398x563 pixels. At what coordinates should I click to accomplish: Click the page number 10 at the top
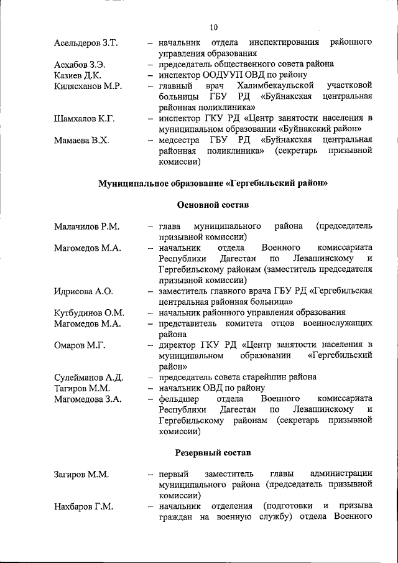point(213,27)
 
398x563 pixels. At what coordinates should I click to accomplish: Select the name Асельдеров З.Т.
point(86,43)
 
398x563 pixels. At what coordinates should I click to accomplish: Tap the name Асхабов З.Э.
point(80,64)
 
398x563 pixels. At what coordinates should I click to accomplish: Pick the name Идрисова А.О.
point(83,291)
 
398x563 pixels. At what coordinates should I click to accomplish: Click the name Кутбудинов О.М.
point(89,312)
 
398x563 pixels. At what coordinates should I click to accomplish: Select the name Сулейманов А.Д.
point(88,377)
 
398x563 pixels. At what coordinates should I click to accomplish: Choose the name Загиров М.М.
point(81,474)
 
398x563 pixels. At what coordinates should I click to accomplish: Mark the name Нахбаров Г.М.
point(83,506)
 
